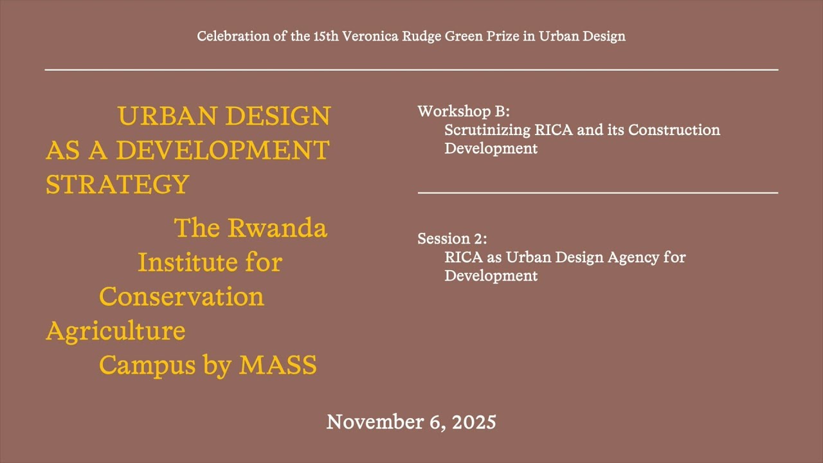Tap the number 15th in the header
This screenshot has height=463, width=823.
click(x=327, y=36)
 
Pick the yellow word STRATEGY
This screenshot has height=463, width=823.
click(x=118, y=185)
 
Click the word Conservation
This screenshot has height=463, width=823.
click(x=181, y=296)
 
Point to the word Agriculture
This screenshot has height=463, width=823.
click(x=116, y=331)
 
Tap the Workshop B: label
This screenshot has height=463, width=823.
click(x=464, y=111)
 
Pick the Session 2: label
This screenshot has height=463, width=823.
click(x=452, y=239)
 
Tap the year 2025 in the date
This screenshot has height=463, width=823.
click(x=474, y=422)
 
